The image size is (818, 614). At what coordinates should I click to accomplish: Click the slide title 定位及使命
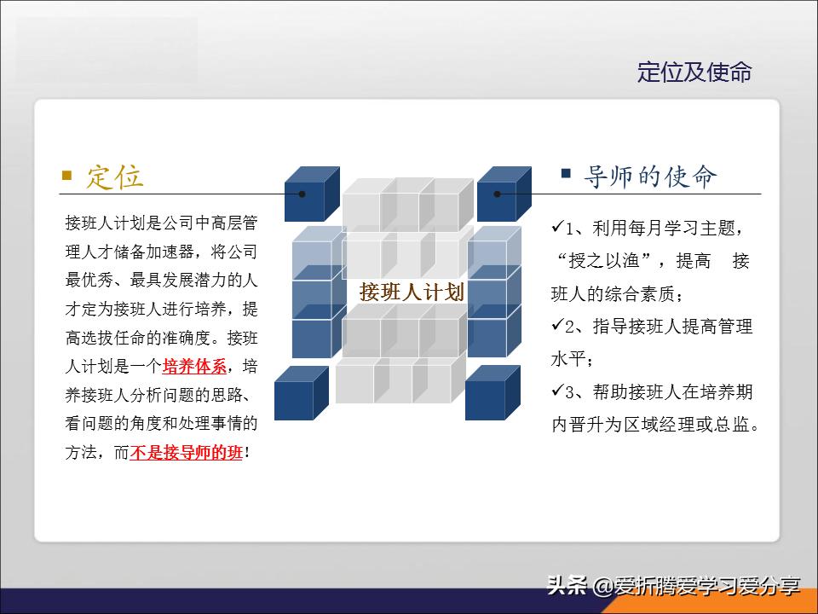(x=694, y=72)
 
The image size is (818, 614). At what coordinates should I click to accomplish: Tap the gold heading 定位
(x=115, y=177)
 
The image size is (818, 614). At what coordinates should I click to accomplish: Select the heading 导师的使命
(x=650, y=177)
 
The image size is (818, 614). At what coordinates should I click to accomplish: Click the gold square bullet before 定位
(x=67, y=176)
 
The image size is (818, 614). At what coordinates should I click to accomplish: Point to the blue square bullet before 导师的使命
(x=566, y=174)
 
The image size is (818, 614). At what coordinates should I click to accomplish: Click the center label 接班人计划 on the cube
(x=412, y=292)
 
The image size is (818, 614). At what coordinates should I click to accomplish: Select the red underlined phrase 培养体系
(x=195, y=367)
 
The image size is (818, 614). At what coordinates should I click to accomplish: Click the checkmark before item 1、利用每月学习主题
(x=558, y=228)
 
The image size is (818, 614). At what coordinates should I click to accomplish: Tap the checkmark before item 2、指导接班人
(x=558, y=325)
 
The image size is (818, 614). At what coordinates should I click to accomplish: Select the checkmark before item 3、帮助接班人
(x=558, y=391)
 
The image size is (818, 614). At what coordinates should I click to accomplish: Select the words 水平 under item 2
(x=570, y=359)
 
